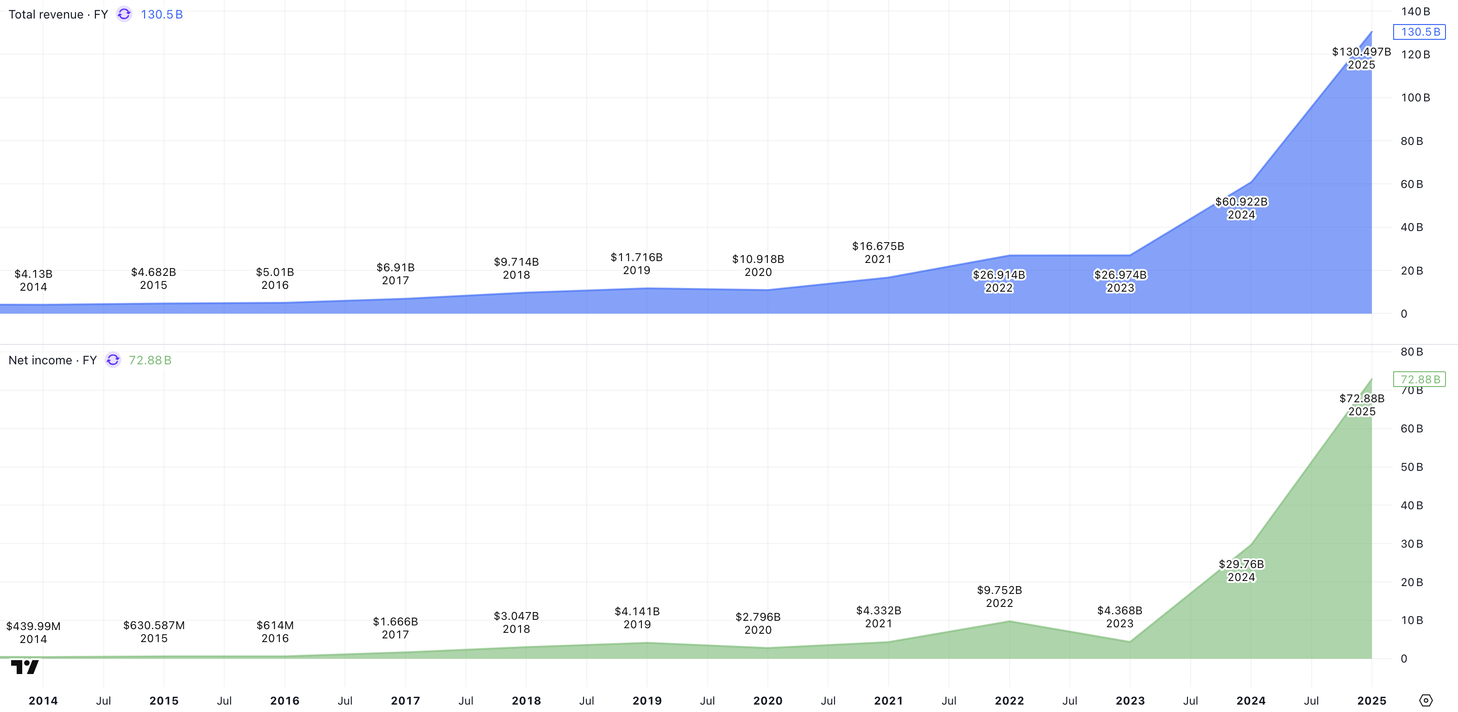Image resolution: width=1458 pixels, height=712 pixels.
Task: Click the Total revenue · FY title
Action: (x=58, y=15)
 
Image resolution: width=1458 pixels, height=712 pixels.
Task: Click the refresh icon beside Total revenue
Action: (x=124, y=14)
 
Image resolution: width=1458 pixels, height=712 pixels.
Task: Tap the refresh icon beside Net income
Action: (x=113, y=360)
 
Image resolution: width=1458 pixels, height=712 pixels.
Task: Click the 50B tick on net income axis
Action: (x=1412, y=467)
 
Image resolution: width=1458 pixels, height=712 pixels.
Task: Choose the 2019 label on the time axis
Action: (x=647, y=701)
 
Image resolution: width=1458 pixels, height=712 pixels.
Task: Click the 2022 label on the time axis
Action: (x=1009, y=701)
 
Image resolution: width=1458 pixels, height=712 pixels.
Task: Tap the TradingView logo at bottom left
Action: (x=25, y=667)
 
